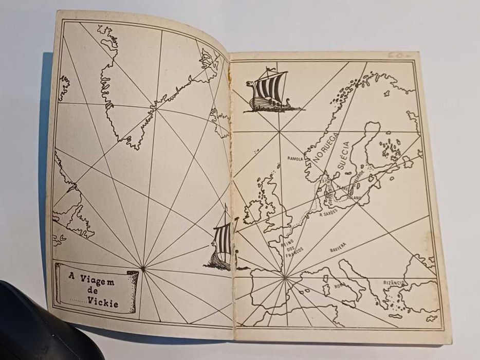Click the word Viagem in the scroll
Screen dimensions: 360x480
tap(98, 282)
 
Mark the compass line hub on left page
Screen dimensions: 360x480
tap(143, 267)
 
